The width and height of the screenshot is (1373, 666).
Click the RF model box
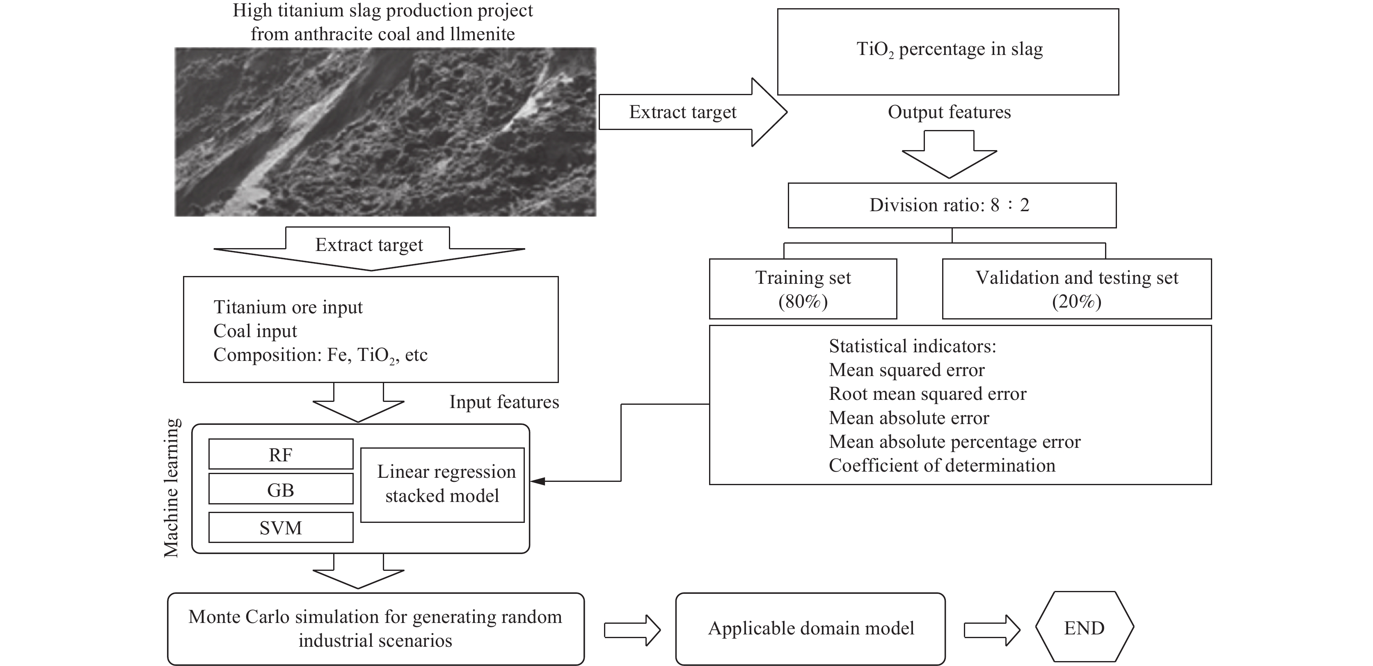(x=280, y=454)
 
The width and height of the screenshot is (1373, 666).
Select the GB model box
(x=280, y=489)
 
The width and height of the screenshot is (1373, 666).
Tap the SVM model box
(x=280, y=527)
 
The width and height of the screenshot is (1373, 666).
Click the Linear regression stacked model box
(x=442, y=484)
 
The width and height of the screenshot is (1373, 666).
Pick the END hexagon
(x=1084, y=627)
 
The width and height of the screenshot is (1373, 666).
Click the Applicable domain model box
(x=810, y=629)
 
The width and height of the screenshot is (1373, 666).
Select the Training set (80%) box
(x=803, y=289)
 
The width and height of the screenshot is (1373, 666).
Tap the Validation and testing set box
(x=1077, y=289)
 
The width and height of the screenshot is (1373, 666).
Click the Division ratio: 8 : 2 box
(x=952, y=205)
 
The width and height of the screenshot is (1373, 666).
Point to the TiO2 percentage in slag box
(x=947, y=51)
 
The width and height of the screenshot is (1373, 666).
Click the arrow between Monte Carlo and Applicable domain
(x=632, y=630)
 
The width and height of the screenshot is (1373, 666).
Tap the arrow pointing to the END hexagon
(x=992, y=630)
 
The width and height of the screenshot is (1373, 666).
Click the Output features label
(x=949, y=112)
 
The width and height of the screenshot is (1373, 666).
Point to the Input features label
(x=503, y=402)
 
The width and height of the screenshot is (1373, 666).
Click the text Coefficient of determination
(x=942, y=465)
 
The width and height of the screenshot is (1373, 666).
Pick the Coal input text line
(x=255, y=331)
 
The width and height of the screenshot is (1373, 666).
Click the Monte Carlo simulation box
(x=375, y=629)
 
